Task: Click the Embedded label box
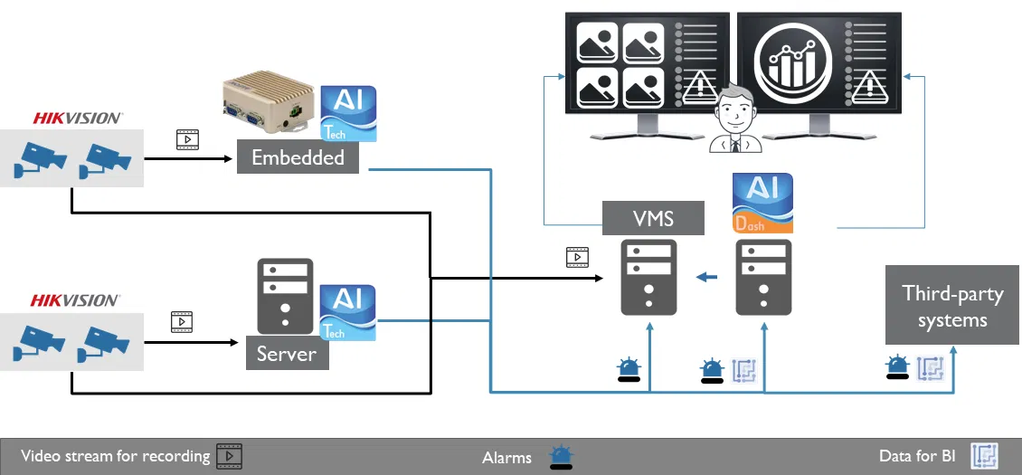[298, 157]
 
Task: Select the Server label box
[287, 353]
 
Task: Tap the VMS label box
[653, 217]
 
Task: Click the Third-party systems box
[952, 306]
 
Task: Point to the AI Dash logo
[762, 203]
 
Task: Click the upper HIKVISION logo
[78, 118]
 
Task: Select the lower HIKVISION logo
[75, 300]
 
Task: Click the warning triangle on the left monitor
[696, 87]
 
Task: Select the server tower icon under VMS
[648, 277]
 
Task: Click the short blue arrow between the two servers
[705, 276]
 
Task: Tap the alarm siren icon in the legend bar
[562, 457]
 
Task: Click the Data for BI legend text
[916, 456]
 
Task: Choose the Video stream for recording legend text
[115, 456]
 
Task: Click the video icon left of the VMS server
[577, 257]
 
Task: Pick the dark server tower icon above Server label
[285, 295]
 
